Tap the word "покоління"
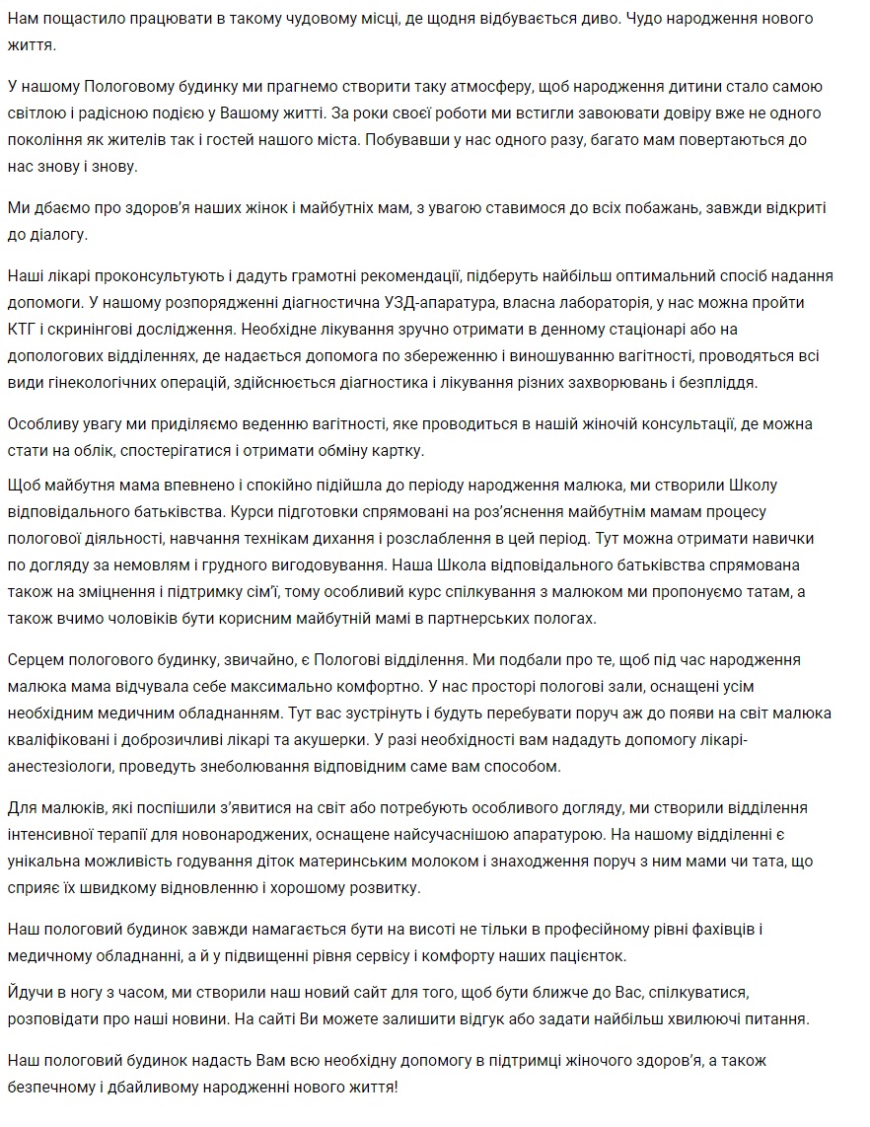click(x=46, y=140)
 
